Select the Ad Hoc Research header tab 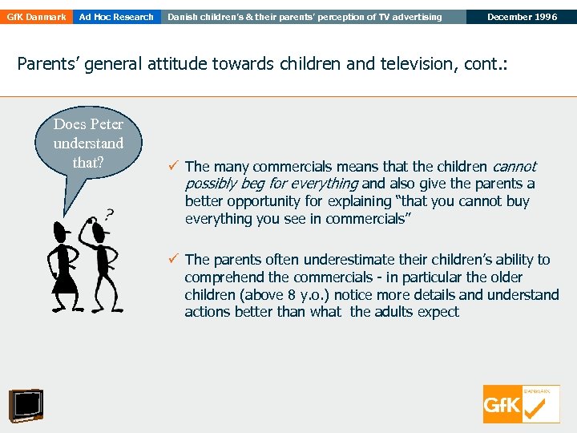(x=116, y=17)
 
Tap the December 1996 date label (x=521, y=17)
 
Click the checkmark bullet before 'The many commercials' (x=174, y=167)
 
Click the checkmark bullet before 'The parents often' (x=174, y=259)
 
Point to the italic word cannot (x=514, y=167)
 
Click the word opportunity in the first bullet (x=264, y=201)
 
